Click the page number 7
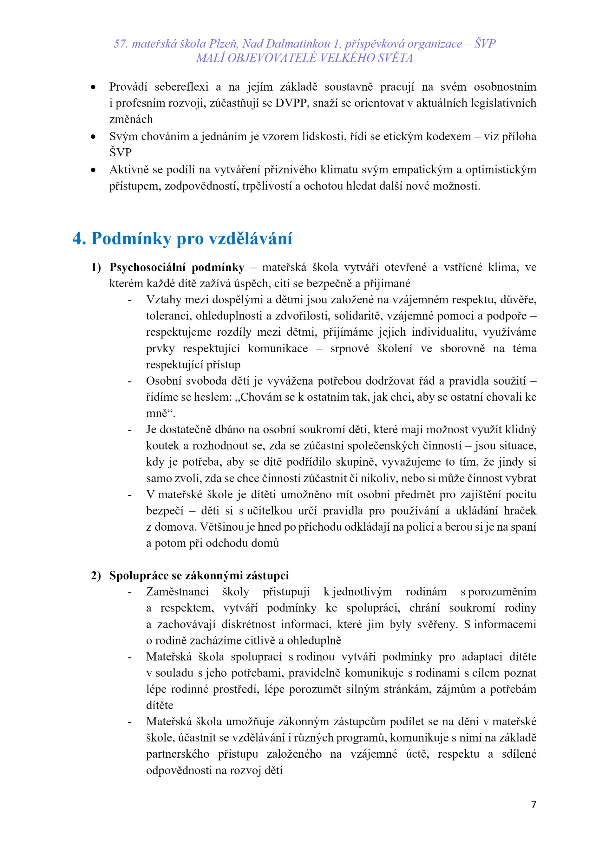click(x=534, y=804)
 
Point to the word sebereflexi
click(x=181, y=87)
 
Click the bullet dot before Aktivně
click(x=93, y=170)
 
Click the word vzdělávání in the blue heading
click(x=250, y=238)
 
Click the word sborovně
click(x=462, y=348)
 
